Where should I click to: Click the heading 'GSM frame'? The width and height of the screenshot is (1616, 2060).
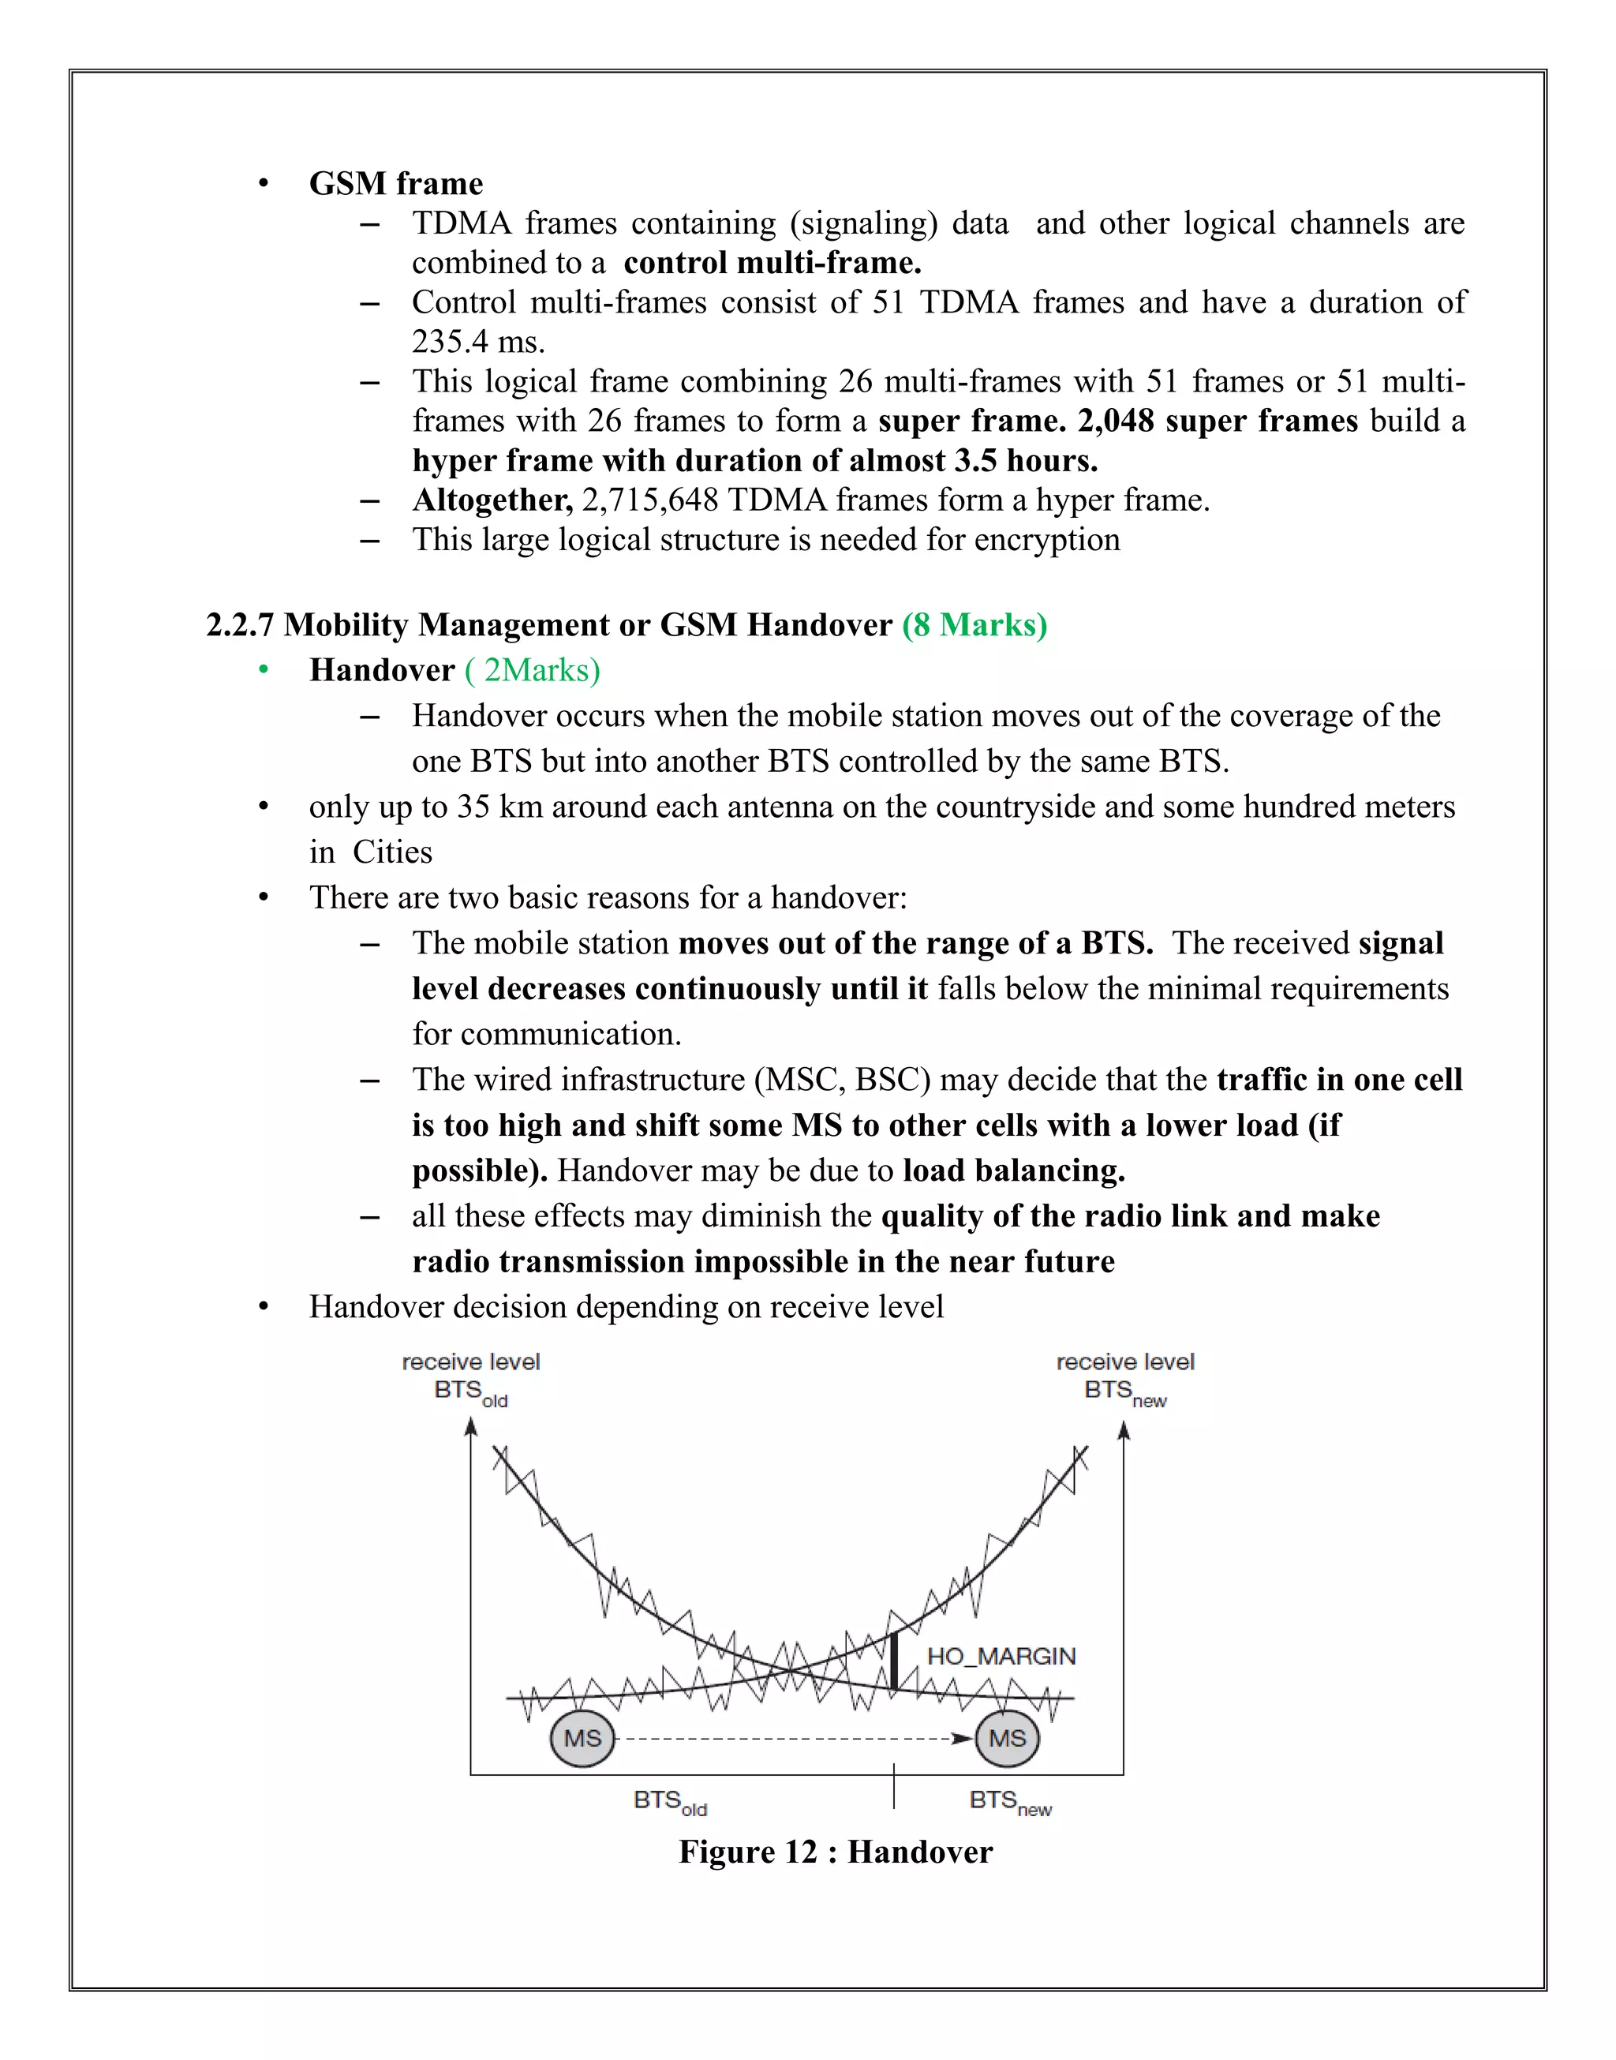coord(395,184)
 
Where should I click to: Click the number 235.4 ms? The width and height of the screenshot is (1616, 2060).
coord(478,342)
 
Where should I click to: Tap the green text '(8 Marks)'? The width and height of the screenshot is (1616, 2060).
coord(974,625)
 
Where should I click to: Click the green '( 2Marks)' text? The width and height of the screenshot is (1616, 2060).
coord(533,670)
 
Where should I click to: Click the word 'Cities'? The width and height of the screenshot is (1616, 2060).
coord(391,852)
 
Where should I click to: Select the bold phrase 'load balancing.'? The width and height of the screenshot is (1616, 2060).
coord(1013,1170)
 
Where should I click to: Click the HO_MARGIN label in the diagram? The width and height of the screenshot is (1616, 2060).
coord(1001,1656)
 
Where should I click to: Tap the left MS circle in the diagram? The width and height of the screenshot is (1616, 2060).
coord(582,1738)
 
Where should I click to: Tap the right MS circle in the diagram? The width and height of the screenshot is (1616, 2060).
coord(1007,1738)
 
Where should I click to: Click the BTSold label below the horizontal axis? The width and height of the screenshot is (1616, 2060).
coord(669,1801)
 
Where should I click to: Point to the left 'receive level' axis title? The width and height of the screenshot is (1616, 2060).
coord(470,1361)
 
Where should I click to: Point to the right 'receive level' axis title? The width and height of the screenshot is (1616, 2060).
coord(1125,1361)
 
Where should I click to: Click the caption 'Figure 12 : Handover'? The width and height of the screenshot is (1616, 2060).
coord(836,1852)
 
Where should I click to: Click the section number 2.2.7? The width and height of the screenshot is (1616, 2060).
coord(239,625)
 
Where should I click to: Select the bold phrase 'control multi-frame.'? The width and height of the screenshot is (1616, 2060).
coord(772,262)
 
